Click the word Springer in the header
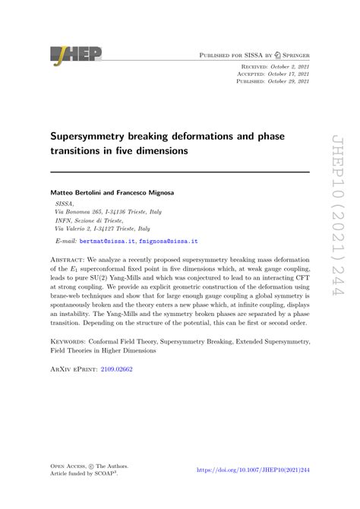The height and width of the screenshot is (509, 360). pyautogui.click(x=292, y=55)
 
